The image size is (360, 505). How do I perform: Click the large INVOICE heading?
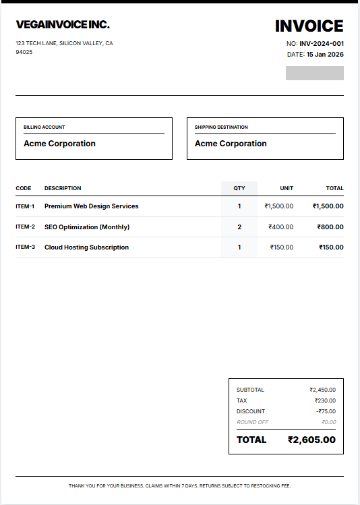pyautogui.click(x=309, y=26)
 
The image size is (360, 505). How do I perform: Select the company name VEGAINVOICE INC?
pyautogui.click(x=63, y=25)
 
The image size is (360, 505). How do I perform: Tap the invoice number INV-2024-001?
pyautogui.click(x=322, y=43)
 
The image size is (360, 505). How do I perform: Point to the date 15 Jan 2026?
pyautogui.click(x=325, y=54)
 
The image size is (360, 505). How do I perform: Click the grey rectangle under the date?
pyautogui.click(x=314, y=73)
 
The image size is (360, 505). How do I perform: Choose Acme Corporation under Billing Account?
pyautogui.click(x=59, y=144)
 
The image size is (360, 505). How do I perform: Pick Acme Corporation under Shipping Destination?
pyautogui.click(x=231, y=144)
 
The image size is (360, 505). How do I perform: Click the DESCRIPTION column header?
pyautogui.click(x=63, y=188)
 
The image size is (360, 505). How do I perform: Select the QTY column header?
pyautogui.click(x=239, y=188)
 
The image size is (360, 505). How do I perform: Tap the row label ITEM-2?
pyautogui.click(x=25, y=227)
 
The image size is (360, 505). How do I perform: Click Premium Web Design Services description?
pyautogui.click(x=91, y=206)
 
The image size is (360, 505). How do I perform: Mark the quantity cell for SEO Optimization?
pyautogui.click(x=239, y=227)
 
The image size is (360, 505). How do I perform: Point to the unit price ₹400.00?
pyautogui.click(x=280, y=227)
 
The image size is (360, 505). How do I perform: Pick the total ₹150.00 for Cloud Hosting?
pyautogui.click(x=331, y=247)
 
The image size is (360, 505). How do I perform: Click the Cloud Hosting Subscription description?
pyautogui.click(x=86, y=247)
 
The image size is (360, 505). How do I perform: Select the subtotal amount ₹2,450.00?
pyautogui.click(x=322, y=390)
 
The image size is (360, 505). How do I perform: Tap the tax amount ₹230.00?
pyautogui.click(x=325, y=400)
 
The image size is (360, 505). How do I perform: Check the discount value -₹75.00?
pyautogui.click(x=326, y=411)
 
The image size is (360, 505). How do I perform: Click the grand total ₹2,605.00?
pyautogui.click(x=311, y=440)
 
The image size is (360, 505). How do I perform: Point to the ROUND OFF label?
pyautogui.click(x=252, y=422)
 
